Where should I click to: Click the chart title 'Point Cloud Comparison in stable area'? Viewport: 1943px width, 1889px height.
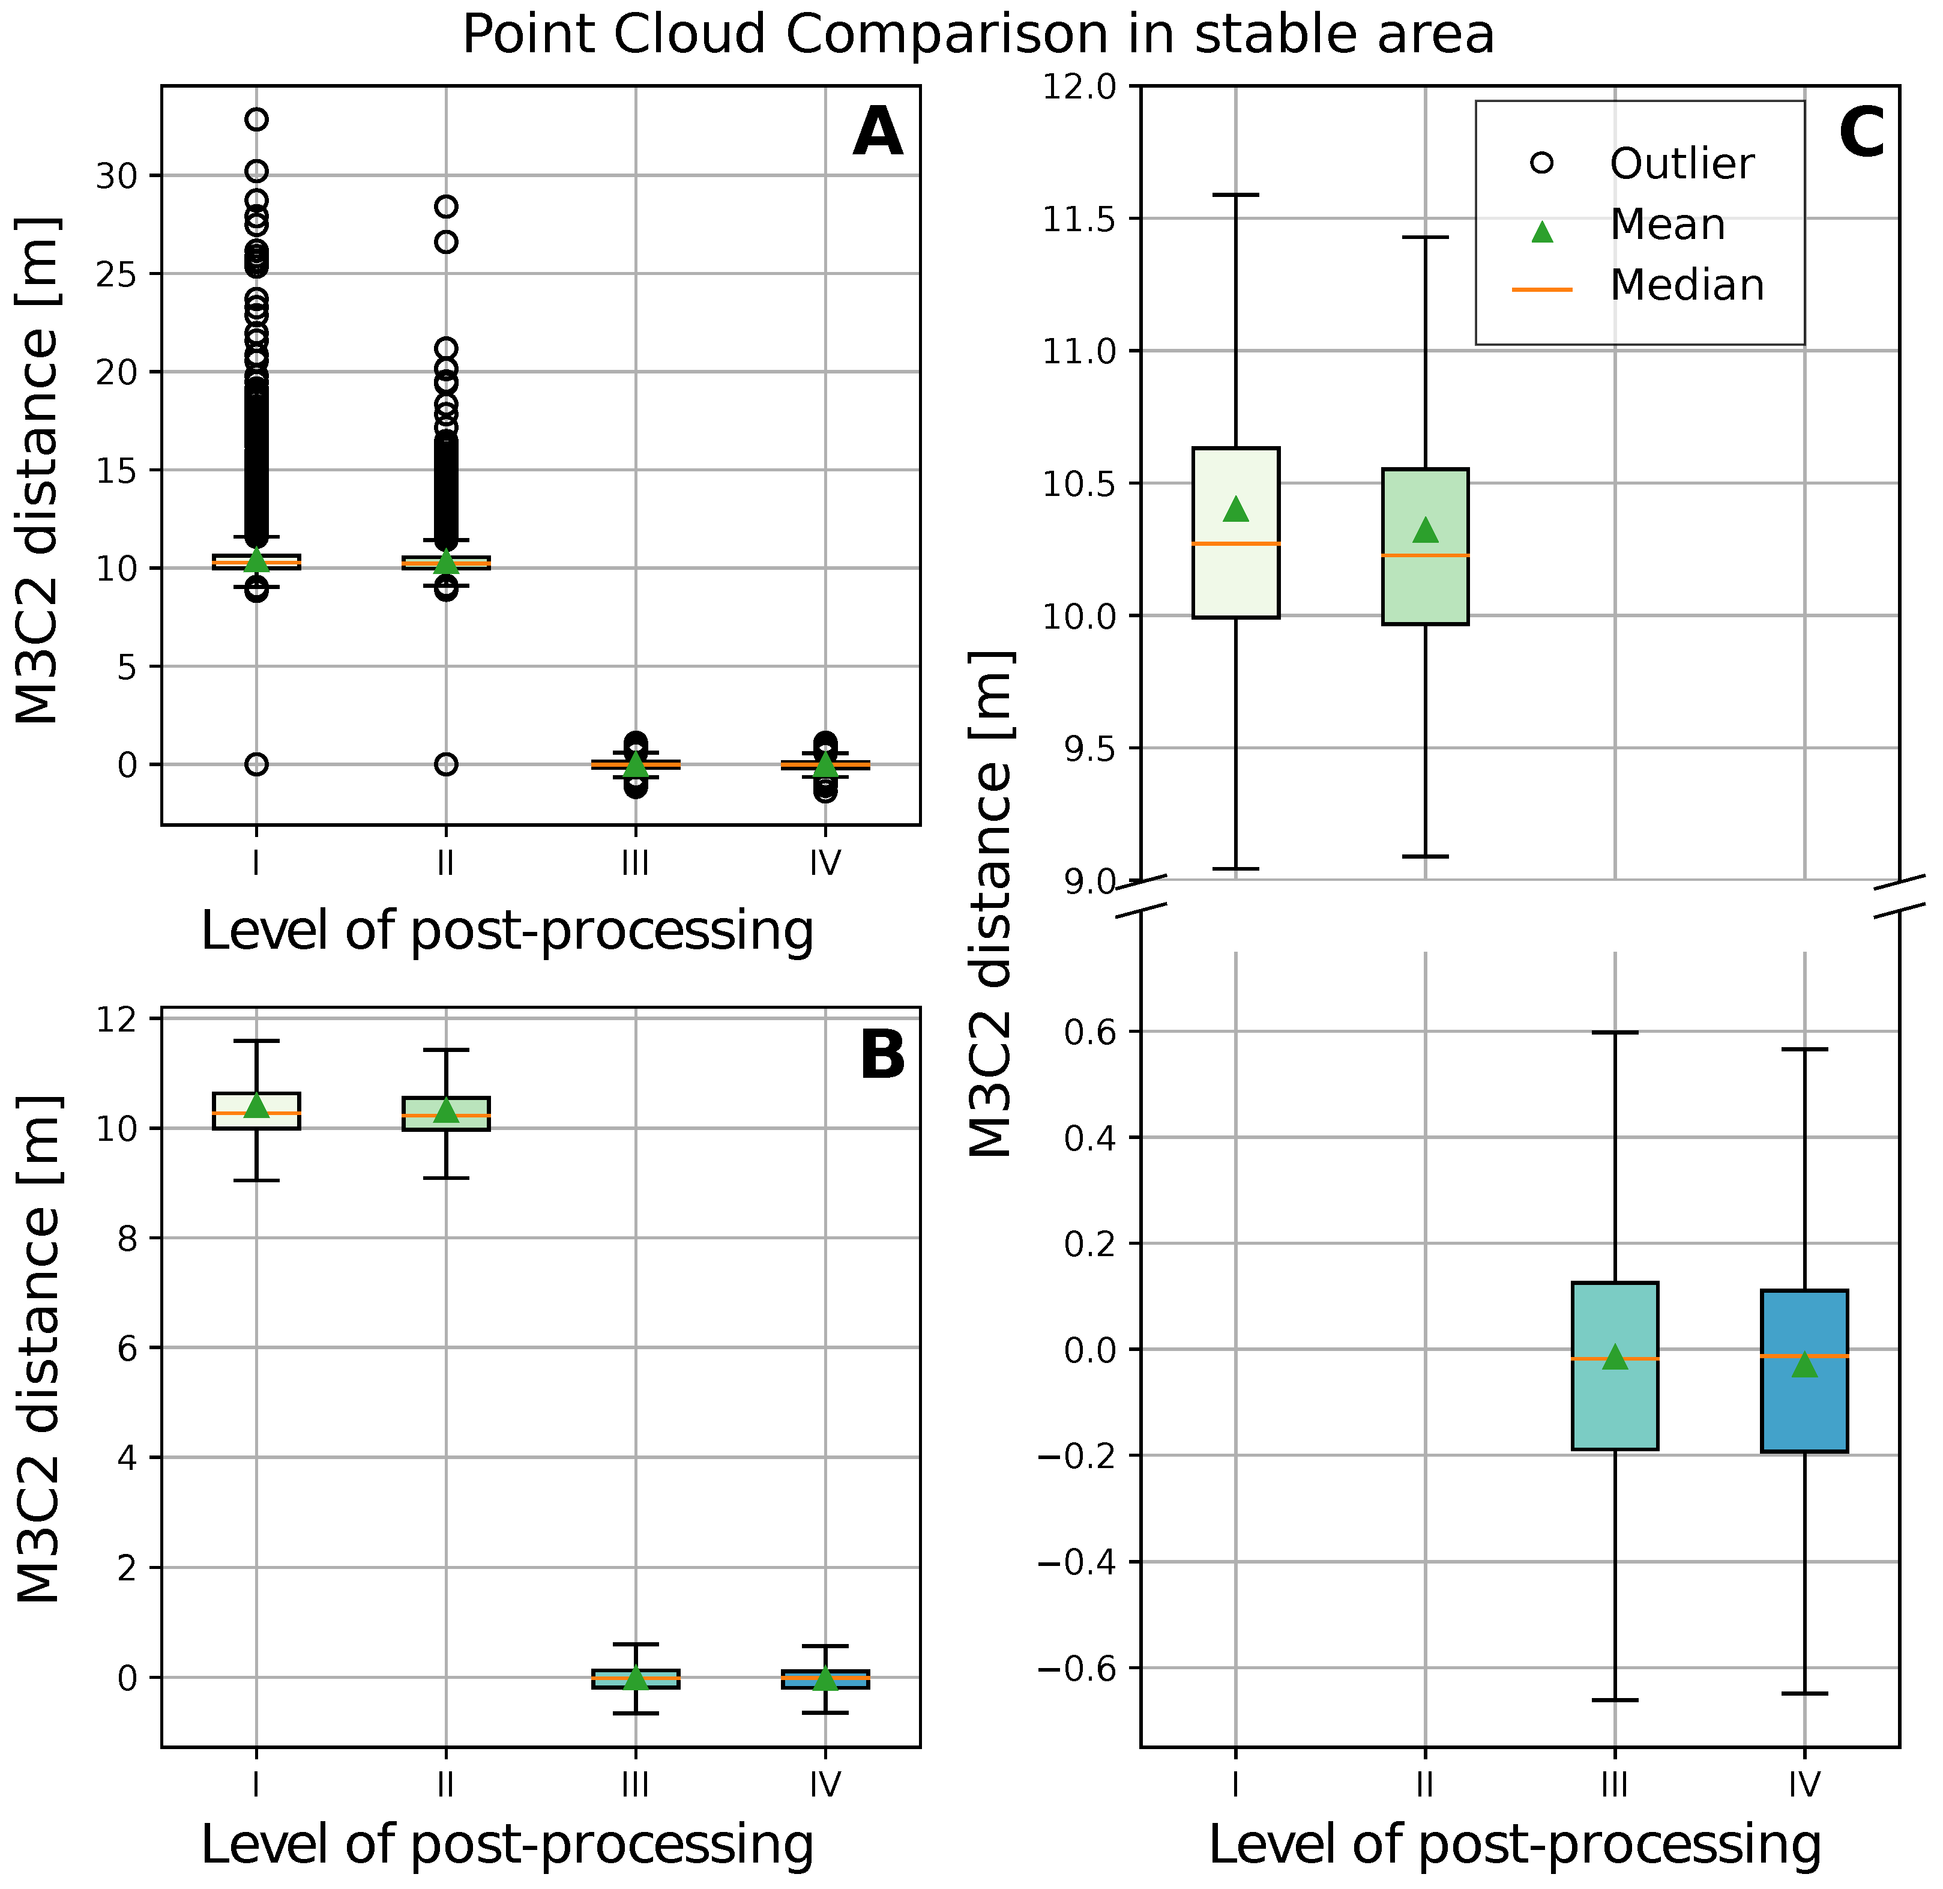[x=977, y=35]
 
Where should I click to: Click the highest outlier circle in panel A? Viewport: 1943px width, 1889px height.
[x=257, y=119]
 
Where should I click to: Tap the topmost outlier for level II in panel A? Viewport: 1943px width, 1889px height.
[x=447, y=207]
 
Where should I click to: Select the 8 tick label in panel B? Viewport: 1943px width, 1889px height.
[x=129, y=1238]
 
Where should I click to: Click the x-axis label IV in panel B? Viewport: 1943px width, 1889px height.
[x=824, y=1785]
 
